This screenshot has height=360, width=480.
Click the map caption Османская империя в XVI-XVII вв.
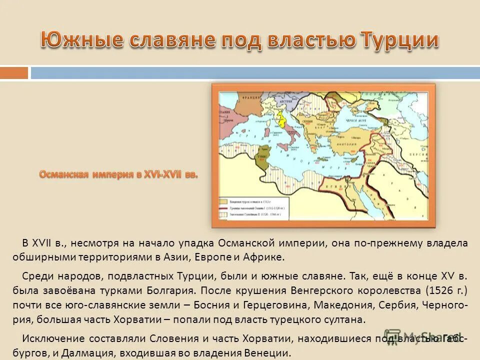click(x=118, y=174)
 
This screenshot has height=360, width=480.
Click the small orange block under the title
click(x=14, y=73)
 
